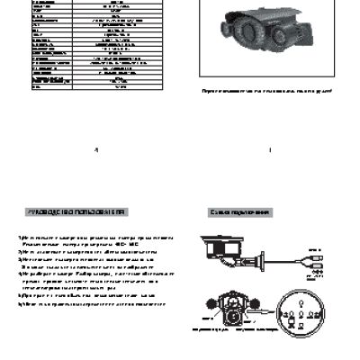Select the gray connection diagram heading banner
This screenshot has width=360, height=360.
239,212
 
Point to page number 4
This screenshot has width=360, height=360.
94,150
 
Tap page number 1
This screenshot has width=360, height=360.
269,150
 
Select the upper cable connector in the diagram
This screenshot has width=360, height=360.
314,257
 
